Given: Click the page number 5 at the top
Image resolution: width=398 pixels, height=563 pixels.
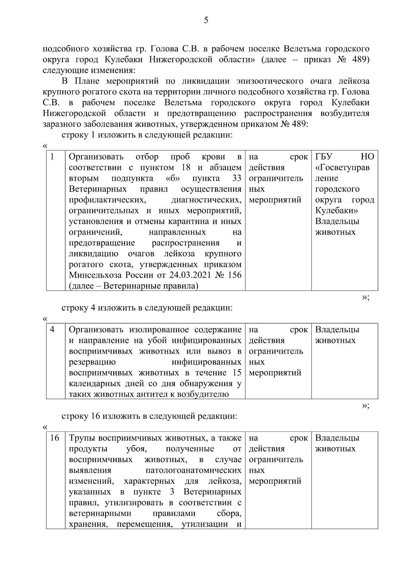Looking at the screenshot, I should point(206,21).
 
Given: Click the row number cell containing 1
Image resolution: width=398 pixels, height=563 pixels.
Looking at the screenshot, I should point(52,157).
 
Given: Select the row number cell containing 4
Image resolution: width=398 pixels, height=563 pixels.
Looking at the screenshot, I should point(52,329).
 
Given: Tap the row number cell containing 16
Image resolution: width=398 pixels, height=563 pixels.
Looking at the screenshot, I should point(54,438).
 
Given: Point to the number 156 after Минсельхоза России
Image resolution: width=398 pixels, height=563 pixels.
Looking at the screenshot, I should point(234,275).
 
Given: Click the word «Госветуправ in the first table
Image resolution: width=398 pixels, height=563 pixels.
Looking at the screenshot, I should point(342,168).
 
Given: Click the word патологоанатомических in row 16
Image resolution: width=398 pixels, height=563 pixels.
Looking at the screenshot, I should point(193,470).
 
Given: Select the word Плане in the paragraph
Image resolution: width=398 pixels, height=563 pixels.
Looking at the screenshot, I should point(86,81).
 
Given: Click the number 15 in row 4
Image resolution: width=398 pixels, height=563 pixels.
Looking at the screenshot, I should point(237,373).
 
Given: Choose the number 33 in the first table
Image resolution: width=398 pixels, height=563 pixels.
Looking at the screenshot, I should point(236,178).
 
